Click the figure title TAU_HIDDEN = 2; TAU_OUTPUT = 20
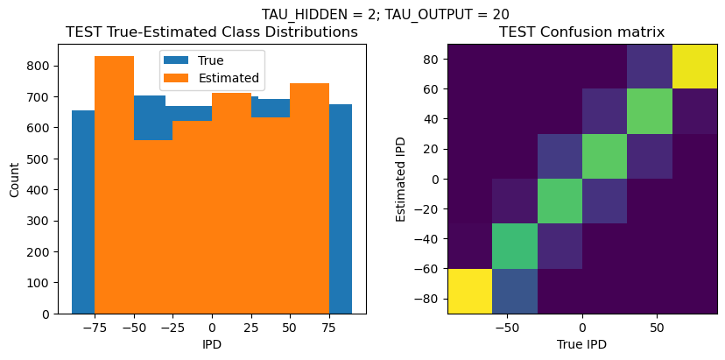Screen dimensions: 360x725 pyautogui.click(x=385, y=14)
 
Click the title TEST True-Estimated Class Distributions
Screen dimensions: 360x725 pyautogui.click(x=212, y=32)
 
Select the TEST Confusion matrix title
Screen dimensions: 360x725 pyautogui.click(x=581, y=32)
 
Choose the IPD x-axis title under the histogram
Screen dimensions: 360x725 pyautogui.click(x=212, y=345)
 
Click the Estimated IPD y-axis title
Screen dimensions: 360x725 pyautogui.click(x=402, y=178)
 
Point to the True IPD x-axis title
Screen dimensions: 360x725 pyautogui.click(x=581, y=345)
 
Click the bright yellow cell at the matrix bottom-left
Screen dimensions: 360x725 pyautogui.click(x=469, y=291)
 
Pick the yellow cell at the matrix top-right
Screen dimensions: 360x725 pyautogui.click(x=694, y=66)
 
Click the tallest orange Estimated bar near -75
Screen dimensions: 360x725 pyautogui.click(x=114, y=184)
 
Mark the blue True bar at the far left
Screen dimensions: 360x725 pyautogui.click(x=83, y=211)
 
